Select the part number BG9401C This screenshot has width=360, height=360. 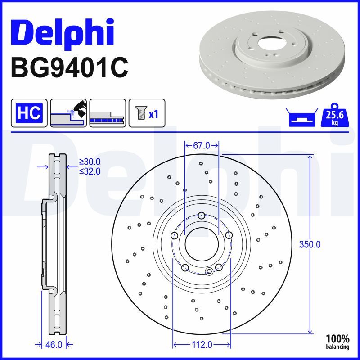click(70, 68)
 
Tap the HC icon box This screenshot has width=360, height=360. click(29, 113)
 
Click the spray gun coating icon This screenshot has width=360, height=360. click(68, 113)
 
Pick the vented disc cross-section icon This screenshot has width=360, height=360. click(108, 113)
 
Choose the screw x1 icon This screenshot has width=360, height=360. click(147, 113)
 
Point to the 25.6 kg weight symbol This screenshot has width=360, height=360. click(335, 115)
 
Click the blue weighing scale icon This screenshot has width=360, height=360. click(302, 117)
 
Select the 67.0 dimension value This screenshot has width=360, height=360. click(202, 145)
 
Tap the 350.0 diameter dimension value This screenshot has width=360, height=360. click(310, 244)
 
